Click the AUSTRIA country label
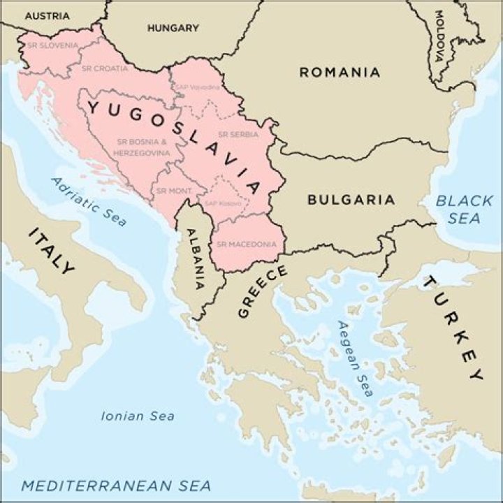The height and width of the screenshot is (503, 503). (x=47, y=15)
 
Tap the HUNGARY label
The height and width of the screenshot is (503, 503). (x=173, y=29)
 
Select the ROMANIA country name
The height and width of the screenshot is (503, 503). (x=340, y=72)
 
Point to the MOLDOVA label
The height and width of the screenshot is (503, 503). (x=439, y=35)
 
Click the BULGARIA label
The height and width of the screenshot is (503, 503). (x=351, y=200)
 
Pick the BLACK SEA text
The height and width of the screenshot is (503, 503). (x=465, y=210)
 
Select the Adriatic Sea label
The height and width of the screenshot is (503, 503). (x=89, y=201)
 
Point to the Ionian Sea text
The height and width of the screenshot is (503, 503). (x=138, y=416)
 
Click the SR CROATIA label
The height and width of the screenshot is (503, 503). (x=105, y=68)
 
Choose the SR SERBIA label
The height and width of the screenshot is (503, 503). (x=238, y=134)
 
